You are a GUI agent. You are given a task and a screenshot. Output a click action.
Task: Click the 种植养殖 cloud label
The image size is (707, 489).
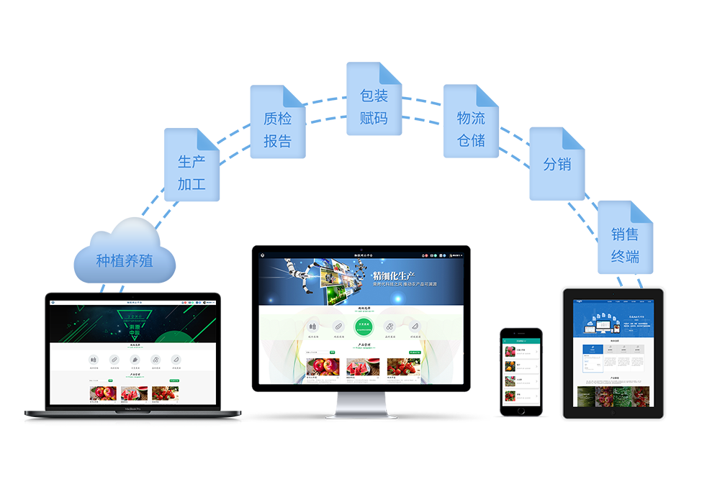(x=125, y=260)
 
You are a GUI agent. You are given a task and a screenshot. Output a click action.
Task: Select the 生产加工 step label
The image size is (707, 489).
(x=192, y=173)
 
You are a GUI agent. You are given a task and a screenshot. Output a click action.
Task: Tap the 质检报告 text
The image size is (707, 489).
(x=277, y=129)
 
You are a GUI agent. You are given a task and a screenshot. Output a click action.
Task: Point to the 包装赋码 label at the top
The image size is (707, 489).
(x=373, y=106)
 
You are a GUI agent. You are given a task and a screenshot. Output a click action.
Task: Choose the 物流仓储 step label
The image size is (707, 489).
(x=471, y=129)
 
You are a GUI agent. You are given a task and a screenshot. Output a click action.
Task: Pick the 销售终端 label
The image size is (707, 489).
(x=624, y=245)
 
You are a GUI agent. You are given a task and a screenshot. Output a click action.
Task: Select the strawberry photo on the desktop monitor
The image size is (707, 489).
(x=404, y=367)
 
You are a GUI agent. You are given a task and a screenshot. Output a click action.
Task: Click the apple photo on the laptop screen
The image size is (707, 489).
(x=103, y=393)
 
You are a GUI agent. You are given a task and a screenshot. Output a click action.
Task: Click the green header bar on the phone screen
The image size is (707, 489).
(x=521, y=341)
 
